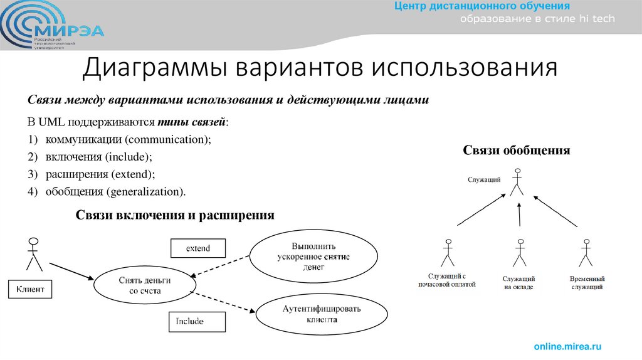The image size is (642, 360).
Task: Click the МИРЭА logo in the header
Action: click(53, 27)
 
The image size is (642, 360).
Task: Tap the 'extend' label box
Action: click(197, 248)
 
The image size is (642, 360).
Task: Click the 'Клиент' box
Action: click(29, 290)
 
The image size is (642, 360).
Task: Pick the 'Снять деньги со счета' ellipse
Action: click(144, 286)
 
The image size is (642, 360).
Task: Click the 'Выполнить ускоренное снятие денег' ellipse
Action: click(313, 257)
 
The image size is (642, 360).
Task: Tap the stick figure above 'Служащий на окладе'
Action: click(519, 252)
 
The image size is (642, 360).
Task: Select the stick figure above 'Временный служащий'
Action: click(586, 252)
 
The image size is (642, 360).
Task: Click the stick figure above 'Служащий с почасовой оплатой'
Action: click(447, 252)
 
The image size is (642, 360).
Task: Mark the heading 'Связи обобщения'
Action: click(517, 151)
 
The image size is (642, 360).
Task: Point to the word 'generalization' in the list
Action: click(145, 191)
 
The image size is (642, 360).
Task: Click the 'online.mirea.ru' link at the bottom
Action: click(567, 346)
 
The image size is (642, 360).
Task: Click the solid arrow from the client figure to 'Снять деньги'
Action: click(72, 271)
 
